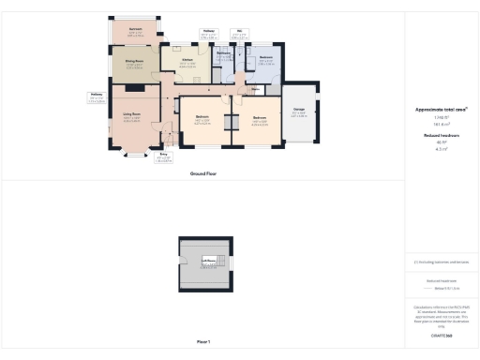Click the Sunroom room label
135,30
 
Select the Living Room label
132,115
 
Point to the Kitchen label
187,59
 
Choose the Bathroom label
224,54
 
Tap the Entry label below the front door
162,156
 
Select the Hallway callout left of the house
96,94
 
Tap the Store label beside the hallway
255,90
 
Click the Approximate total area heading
441,109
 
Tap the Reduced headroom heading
441,135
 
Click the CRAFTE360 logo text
441,335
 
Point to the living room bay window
132,151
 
